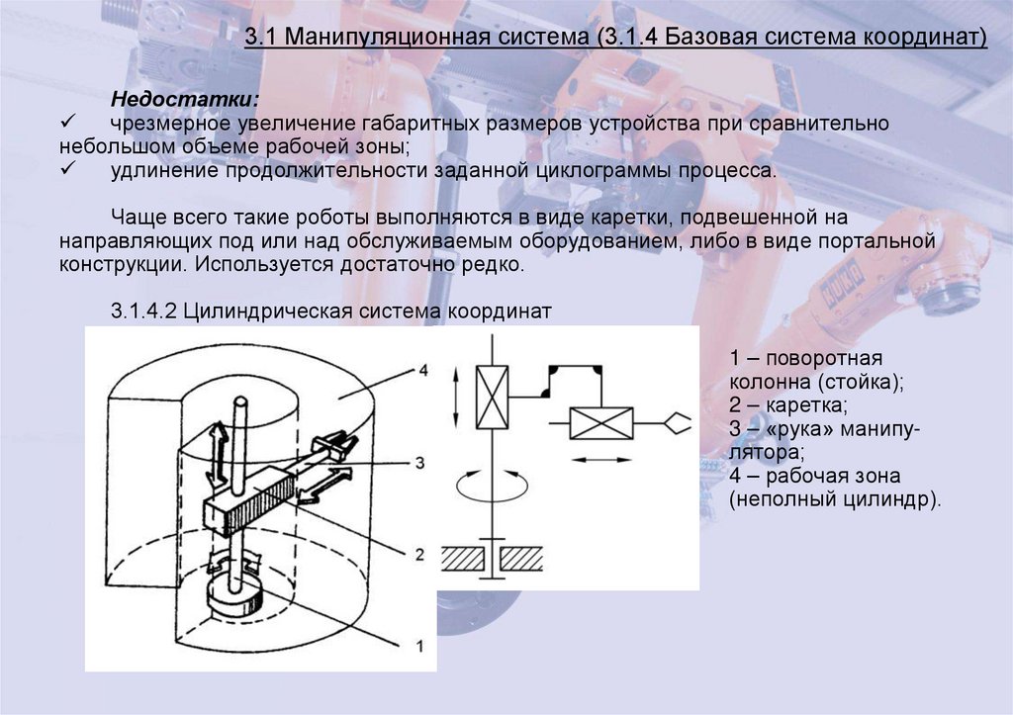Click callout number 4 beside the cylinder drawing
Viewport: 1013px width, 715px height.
[x=422, y=371]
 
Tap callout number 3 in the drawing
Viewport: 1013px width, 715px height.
[x=420, y=461]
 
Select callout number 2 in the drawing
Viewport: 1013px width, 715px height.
[x=420, y=555]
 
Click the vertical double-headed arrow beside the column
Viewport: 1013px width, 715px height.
[x=219, y=455]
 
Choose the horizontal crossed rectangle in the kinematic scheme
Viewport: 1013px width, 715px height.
[x=602, y=423]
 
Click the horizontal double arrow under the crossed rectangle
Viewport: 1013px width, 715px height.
[x=602, y=459]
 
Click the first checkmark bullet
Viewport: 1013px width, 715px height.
[x=69, y=124]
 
